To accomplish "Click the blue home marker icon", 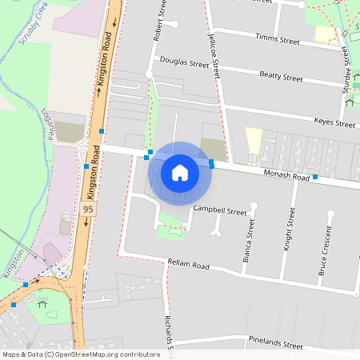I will (x=180, y=172).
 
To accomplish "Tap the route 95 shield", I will (x=89, y=209).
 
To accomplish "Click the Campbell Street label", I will (x=220, y=211).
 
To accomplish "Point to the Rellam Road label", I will (x=188, y=265).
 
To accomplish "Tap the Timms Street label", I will (x=277, y=38).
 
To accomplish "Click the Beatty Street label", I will (x=281, y=77).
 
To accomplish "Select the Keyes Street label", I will (x=334, y=123).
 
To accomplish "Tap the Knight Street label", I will (x=289, y=230).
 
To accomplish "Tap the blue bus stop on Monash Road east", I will (x=315, y=176).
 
